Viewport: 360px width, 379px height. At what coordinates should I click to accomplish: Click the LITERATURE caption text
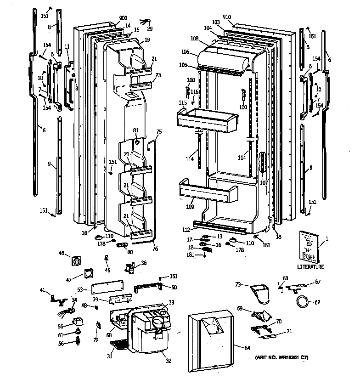310,267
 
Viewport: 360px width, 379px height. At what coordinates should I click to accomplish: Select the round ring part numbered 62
302,302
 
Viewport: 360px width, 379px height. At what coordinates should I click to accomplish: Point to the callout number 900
123,18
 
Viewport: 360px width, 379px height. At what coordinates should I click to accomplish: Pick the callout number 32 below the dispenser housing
169,361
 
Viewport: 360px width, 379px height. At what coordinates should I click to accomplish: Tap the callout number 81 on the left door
135,130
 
